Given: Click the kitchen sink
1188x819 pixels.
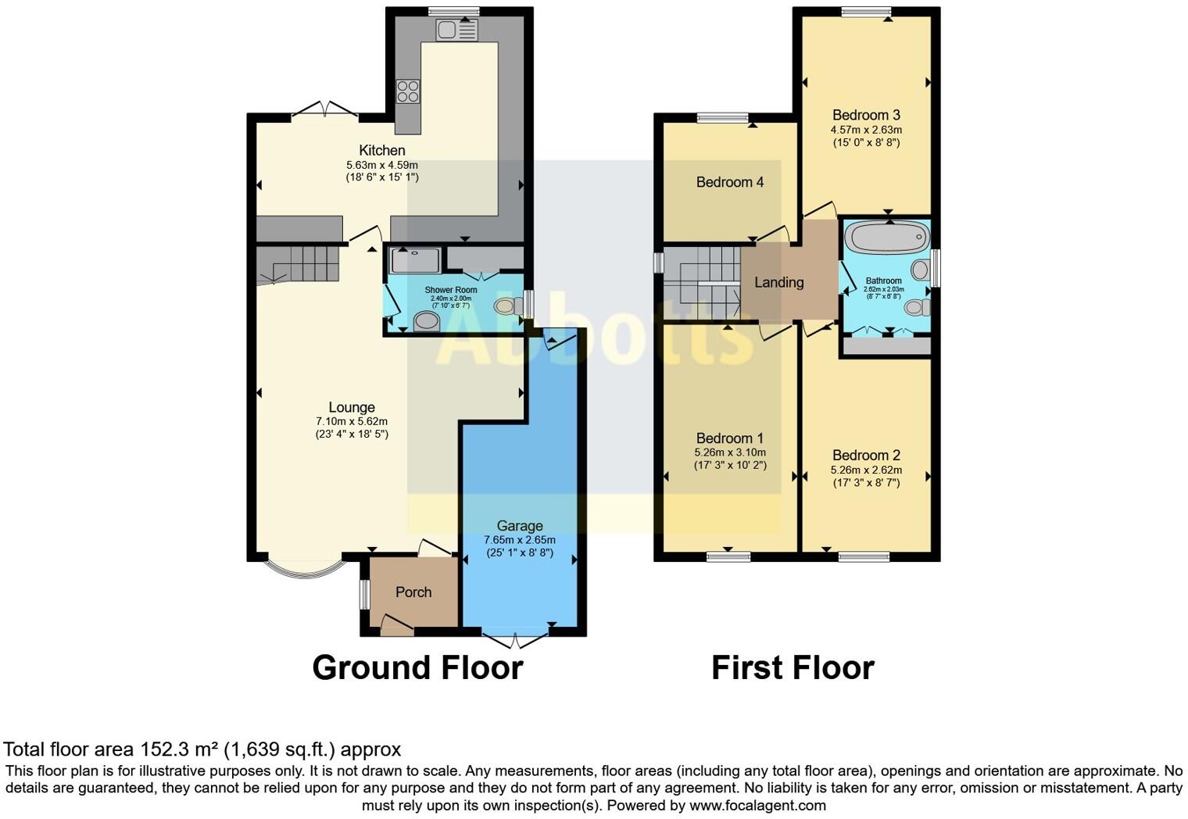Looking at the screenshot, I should pyautogui.click(x=456, y=30).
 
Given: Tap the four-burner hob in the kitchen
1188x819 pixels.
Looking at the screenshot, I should pyautogui.click(x=407, y=91).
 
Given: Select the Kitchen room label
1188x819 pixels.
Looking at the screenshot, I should pyautogui.click(x=381, y=150).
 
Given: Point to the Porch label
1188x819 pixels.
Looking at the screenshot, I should pyautogui.click(x=413, y=592).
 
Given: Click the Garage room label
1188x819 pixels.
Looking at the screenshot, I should pyautogui.click(x=519, y=526).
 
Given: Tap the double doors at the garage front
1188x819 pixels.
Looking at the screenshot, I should pyautogui.click(x=516, y=640).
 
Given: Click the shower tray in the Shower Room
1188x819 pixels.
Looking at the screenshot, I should pyautogui.click(x=414, y=260).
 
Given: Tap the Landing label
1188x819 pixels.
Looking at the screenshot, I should pyautogui.click(x=778, y=282).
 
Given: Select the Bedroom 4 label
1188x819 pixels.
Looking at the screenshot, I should pyautogui.click(x=729, y=182).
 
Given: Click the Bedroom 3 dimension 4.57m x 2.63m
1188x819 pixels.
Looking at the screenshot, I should pyautogui.click(x=866, y=130).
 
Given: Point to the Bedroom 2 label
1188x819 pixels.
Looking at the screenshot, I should pyautogui.click(x=866, y=455).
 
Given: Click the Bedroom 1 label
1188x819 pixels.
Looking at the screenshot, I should pyautogui.click(x=729, y=438).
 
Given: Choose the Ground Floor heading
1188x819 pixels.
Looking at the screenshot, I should pyautogui.click(x=417, y=668).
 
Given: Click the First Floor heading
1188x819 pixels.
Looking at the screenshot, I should pyautogui.click(x=793, y=668).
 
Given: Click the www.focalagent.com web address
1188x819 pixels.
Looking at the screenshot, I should pyautogui.click(x=757, y=805).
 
